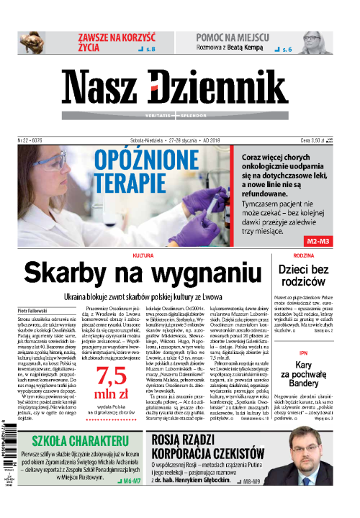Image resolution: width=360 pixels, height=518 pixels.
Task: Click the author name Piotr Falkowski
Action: pos(30,311)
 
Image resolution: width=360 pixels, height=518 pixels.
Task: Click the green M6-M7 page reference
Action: pos(129,478)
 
